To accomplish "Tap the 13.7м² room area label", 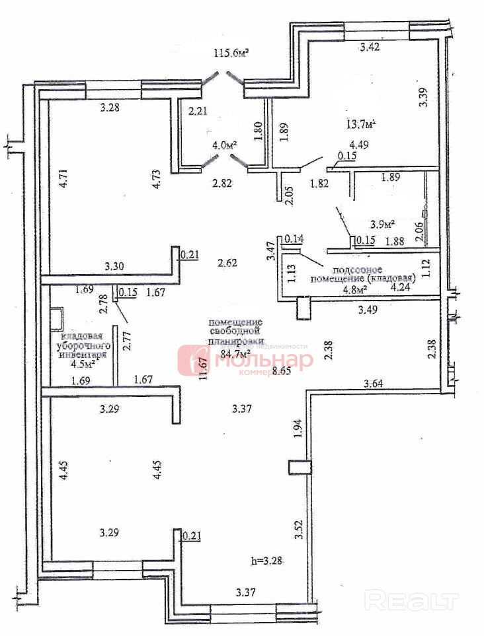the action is click(362, 124).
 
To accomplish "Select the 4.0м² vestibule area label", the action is click(224, 145).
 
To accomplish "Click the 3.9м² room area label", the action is click(382, 224).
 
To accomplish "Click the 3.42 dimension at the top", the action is click(369, 47).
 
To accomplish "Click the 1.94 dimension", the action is click(298, 430).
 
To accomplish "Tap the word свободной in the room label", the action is click(235, 332).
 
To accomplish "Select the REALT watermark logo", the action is click(412, 600).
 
